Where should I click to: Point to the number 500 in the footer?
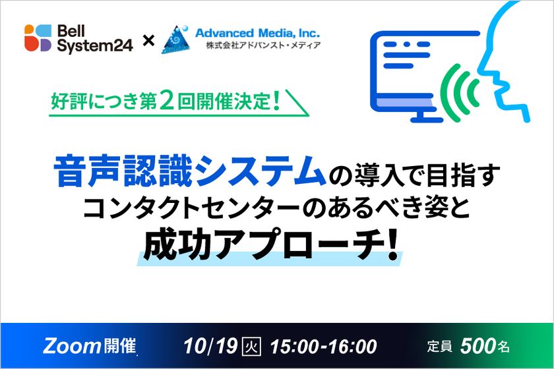[x=476, y=345]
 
